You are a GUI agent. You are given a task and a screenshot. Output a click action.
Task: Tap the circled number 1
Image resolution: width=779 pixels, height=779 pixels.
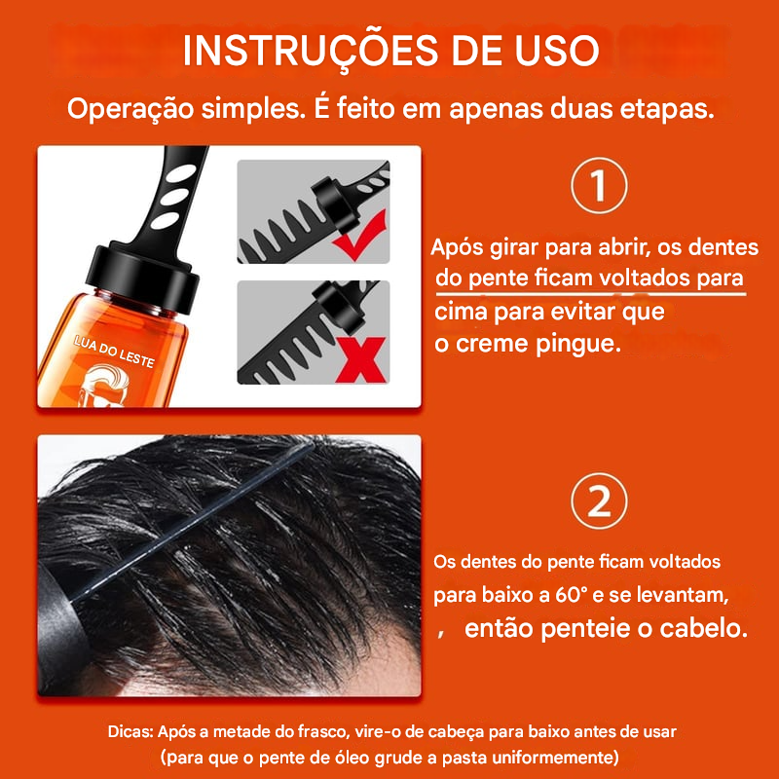[598, 189]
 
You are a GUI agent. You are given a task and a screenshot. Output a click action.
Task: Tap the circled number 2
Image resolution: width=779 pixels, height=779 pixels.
[598, 501]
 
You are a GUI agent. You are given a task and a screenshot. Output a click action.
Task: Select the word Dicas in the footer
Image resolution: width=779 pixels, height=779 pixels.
[130, 730]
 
